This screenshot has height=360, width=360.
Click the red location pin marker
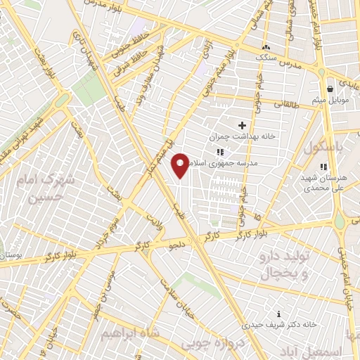point(181,165)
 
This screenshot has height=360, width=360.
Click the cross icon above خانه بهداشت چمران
point(242,125)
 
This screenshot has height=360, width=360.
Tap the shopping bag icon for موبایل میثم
point(330,89)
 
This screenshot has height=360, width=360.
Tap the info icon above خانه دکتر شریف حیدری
point(280,314)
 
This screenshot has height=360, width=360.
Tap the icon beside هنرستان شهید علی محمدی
point(323,167)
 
